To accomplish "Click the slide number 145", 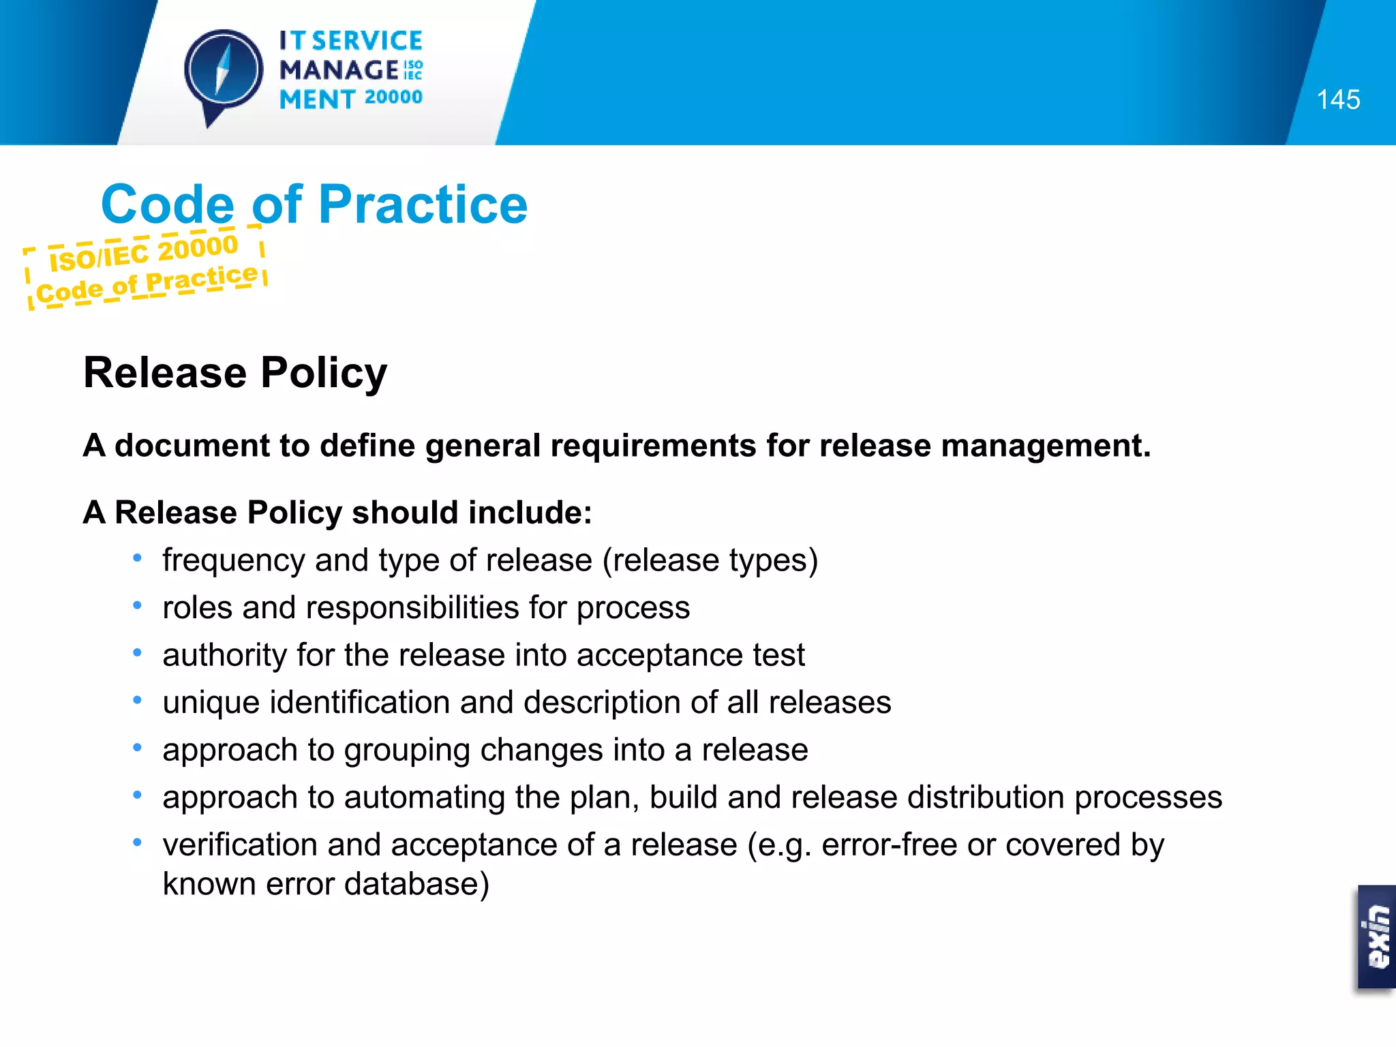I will pyautogui.click(x=1338, y=100).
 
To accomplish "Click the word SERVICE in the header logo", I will pyautogui.click(x=367, y=41).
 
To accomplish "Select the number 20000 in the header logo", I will pyautogui.click(x=393, y=97).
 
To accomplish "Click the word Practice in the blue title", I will pyautogui.click(x=423, y=204).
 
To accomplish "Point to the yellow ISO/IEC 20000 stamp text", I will pyautogui.click(x=144, y=252).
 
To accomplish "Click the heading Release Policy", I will pyautogui.click(x=234, y=373).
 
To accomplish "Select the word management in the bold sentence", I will pyautogui.click(x=1045, y=446).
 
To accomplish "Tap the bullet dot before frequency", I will pyautogui.click(x=138, y=558).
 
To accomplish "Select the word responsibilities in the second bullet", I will pyautogui.click(x=412, y=608).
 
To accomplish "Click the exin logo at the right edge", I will pyautogui.click(x=1378, y=937).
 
